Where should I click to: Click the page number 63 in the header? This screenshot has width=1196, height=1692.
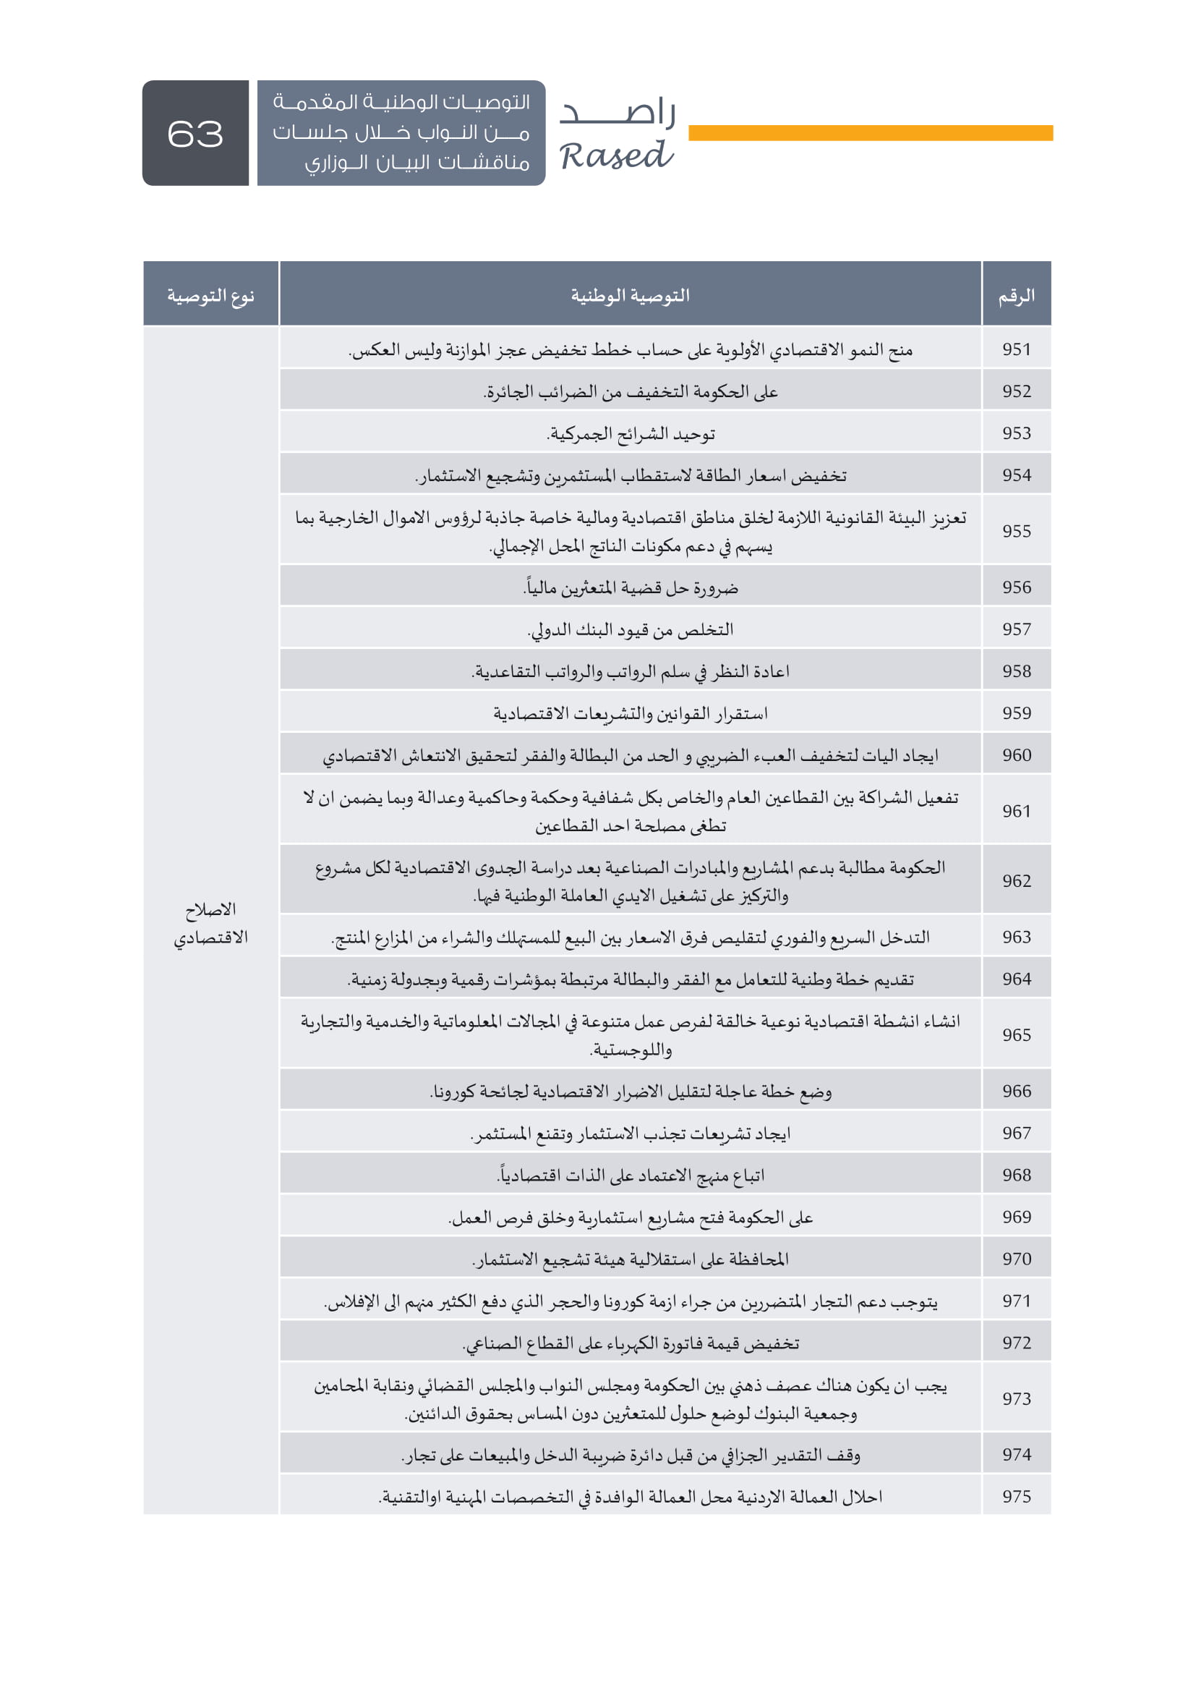(195, 133)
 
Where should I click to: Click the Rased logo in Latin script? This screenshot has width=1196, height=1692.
(615, 156)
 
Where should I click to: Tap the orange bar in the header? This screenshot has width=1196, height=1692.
(870, 132)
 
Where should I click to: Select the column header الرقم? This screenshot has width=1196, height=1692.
(1016, 296)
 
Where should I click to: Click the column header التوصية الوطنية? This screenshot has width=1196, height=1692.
(631, 296)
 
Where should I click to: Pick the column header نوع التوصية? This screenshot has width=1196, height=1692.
(210, 296)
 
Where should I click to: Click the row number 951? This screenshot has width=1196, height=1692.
(1016, 349)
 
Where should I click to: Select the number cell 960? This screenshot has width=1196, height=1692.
(1016, 754)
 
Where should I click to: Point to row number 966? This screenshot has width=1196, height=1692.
(1016, 1091)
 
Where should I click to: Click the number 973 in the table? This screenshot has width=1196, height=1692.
(1016, 1398)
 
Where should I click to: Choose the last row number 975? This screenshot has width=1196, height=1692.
(1016, 1496)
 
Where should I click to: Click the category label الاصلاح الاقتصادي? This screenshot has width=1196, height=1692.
(210, 922)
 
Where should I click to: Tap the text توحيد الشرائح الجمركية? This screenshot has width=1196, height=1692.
(631, 433)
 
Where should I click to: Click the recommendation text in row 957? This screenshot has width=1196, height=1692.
(631, 629)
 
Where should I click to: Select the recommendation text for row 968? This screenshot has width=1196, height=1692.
(631, 1175)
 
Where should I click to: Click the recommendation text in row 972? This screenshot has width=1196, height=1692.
(631, 1343)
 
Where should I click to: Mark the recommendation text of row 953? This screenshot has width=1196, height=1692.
(631, 433)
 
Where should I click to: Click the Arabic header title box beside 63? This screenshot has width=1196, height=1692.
(401, 132)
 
